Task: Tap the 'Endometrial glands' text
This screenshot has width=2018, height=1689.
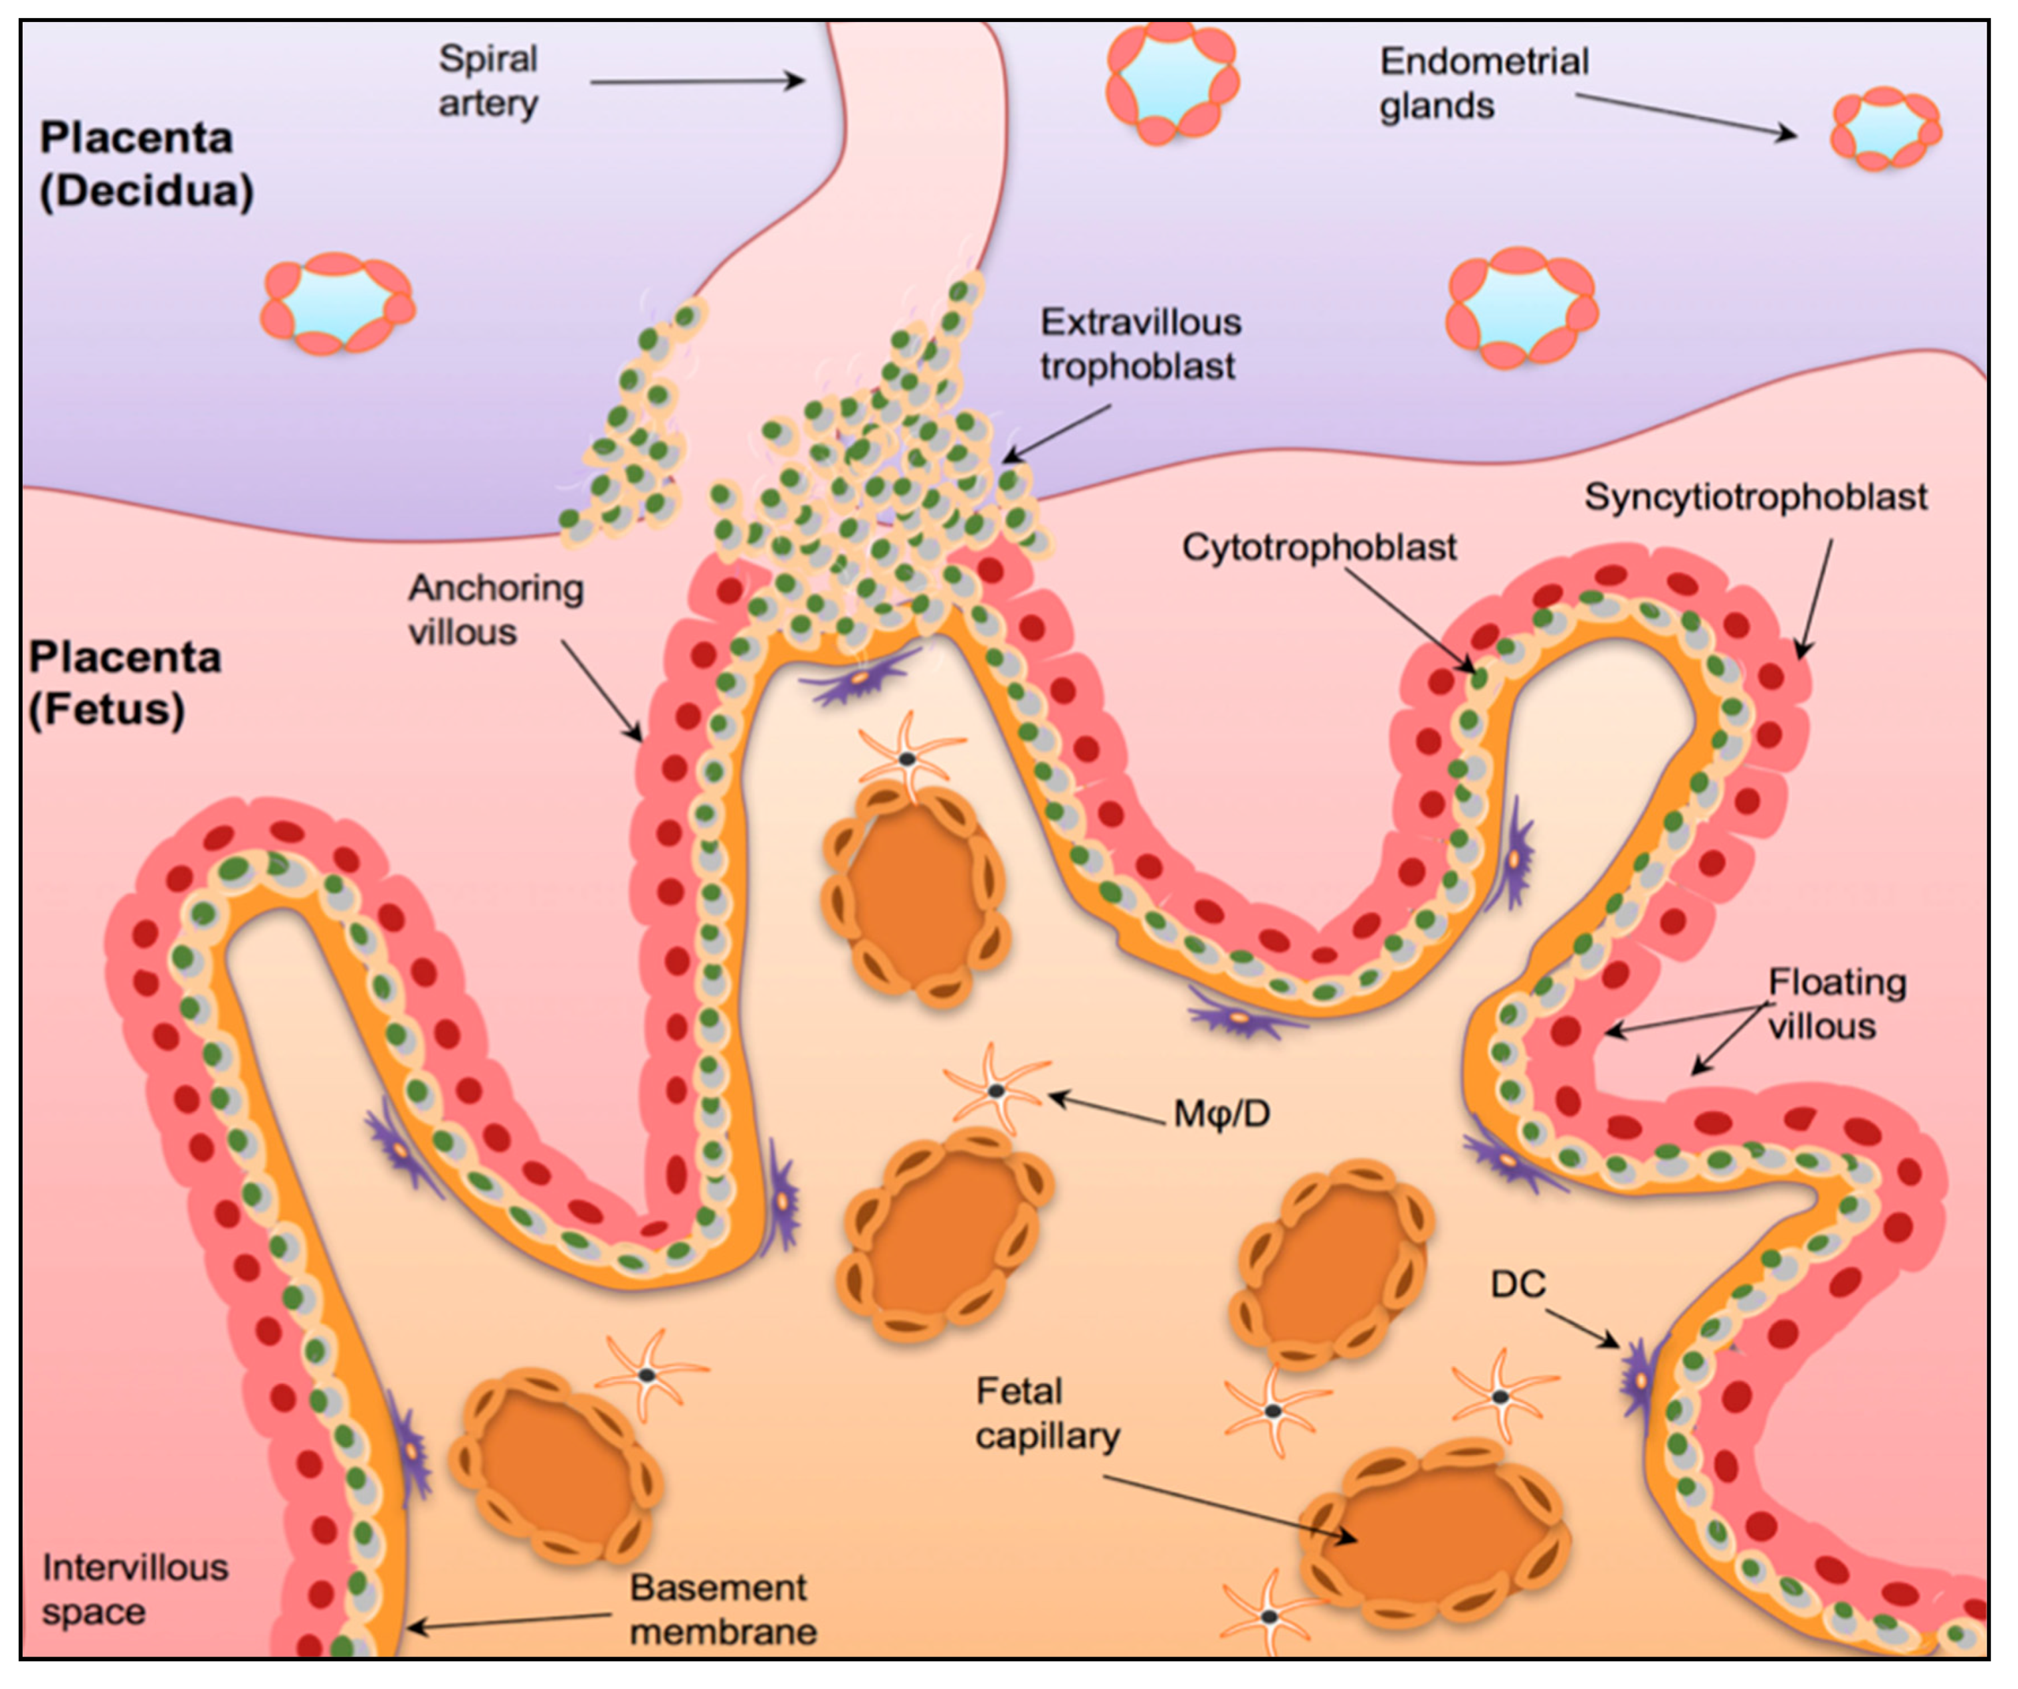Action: pyautogui.click(x=1482, y=84)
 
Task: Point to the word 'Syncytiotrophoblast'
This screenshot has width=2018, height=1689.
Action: pyautogui.click(x=1755, y=498)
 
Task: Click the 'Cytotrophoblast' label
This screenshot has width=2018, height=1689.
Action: pyautogui.click(x=1318, y=547)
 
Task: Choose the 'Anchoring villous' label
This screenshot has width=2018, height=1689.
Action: pyautogui.click(x=495, y=610)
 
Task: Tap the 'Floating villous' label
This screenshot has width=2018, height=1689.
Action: pyautogui.click(x=1835, y=1004)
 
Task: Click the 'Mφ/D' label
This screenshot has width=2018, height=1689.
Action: pyautogui.click(x=1221, y=1114)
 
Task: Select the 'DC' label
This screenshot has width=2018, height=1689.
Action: pyautogui.click(x=1518, y=1284)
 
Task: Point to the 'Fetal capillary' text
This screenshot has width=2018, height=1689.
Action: pyautogui.click(x=1047, y=1413)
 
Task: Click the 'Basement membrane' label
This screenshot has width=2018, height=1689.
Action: pyautogui.click(x=723, y=1610)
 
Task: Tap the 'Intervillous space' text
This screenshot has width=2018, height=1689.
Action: pyautogui.click(x=134, y=1590)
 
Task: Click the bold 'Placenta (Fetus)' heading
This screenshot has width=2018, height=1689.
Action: pyautogui.click(x=125, y=683)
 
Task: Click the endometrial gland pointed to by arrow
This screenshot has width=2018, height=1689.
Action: pyautogui.click(x=1884, y=128)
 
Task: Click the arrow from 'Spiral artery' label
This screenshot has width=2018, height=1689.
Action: pyautogui.click(x=696, y=82)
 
